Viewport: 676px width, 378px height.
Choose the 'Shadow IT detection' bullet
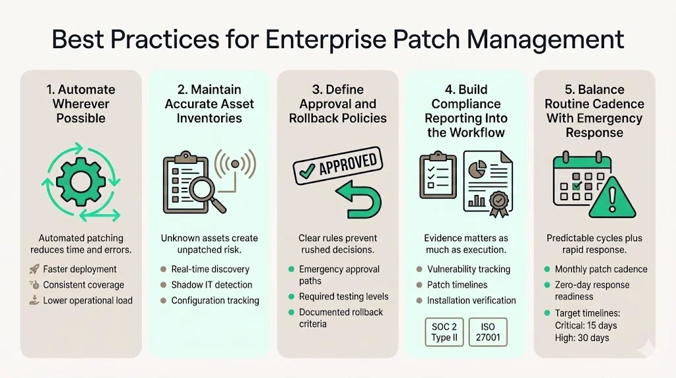(211, 285)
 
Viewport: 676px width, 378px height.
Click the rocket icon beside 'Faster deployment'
(34, 270)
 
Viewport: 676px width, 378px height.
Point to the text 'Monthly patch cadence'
(601, 270)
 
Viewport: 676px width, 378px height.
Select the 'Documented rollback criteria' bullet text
(341, 318)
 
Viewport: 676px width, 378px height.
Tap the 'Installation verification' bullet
(471, 300)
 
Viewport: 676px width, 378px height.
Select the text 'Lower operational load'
(88, 300)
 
